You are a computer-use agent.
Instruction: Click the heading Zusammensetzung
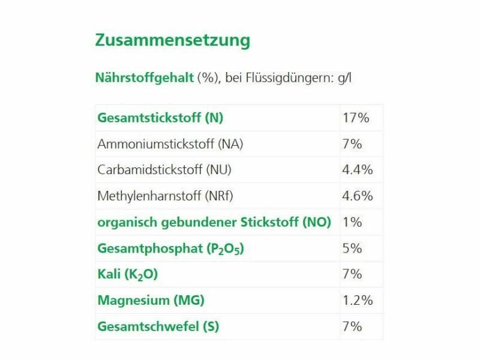[x=172, y=41]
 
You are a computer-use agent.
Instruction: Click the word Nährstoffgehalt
[x=144, y=78]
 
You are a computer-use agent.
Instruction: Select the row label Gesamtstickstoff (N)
[x=160, y=118]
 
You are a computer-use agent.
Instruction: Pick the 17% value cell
[x=355, y=118]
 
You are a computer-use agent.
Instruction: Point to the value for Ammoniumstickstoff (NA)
[x=352, y=144]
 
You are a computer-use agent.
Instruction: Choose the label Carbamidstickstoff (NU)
[x=164, y=170]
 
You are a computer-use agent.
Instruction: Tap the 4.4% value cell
[x=357, y=170]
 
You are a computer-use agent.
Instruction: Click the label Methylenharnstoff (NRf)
[x=167, y=196]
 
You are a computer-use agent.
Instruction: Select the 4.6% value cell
[x=357, y=196]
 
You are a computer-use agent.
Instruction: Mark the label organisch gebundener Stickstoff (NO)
[x=214, y=222]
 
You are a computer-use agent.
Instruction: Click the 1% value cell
[x=352, y=222]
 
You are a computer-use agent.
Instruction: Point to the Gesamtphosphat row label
[x=170, y=248]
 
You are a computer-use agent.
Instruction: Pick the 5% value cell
[x=352, y=248]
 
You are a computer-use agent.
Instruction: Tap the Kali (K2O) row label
[x=128, y=275]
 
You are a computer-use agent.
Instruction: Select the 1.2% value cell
[x=357, y=301]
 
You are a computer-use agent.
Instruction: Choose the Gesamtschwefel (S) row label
[x=158, y=327]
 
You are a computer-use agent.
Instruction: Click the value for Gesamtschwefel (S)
[x=352, y=327]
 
